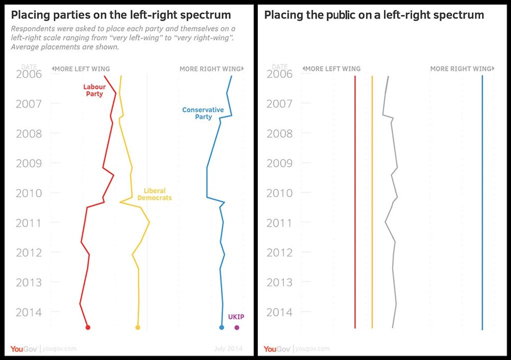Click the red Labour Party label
pyautogui.click(x=94, y=90)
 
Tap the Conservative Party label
pyautogui.click(x=203, y=113)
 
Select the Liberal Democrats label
pyautogui.click(x=154, y=194)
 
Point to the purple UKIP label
pyautogui.click(x=236, y=317)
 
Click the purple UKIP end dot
pyautogui.click(x=237, y=328)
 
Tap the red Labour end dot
pyautogui.click(x=88, y=328)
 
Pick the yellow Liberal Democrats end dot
pyautogui.click(x=138, y=328)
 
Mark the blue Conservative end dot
pyautogui.click(x=222, y=328)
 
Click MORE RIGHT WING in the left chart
pyautogui.click(x=210, y=69)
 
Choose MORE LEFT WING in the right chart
pyautogui.click(x=332, y=69)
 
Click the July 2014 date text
pyautogui.click(x=228, y=349)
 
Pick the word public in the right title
pyautogui.click(x=341, y=15)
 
